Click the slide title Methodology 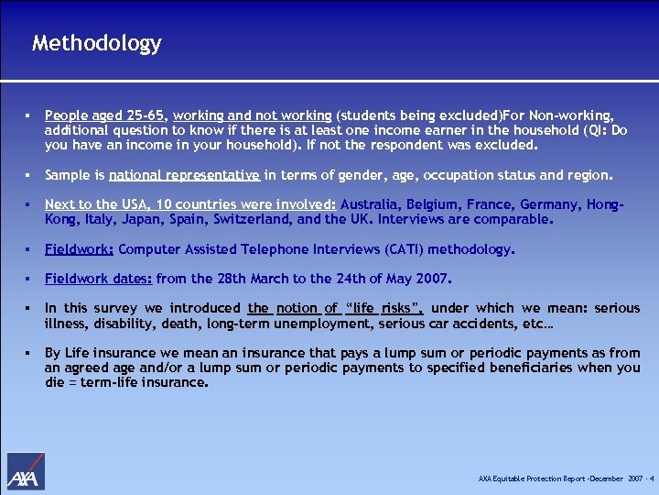coord(96,43)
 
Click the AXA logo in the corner coord(26,473)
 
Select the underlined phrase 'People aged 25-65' coord(104,115)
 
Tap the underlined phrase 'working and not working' coord(252,115)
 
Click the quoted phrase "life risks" coord(383,309)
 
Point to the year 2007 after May coord(432,279)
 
